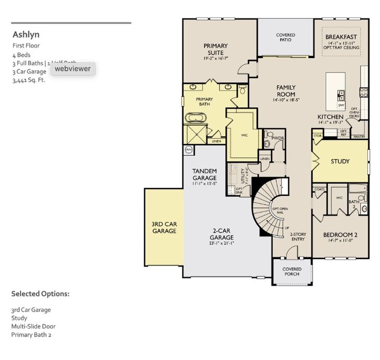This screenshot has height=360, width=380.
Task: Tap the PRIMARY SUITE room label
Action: (x=215, y=49)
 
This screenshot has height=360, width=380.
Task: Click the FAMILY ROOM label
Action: (x=286, y=91)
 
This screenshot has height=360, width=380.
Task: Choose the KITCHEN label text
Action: (x=330, y=117)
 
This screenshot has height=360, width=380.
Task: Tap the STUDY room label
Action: (x=340, y=162)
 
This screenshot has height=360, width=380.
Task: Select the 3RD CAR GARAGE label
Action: (x=164, y=228)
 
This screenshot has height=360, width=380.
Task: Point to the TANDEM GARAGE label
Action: (x=204, y=175)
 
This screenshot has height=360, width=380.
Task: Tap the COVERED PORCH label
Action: (x=291, y=271)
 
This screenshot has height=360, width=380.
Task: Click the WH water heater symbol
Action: (x=189, y=150)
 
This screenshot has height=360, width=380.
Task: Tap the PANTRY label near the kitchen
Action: (x=359, y=137)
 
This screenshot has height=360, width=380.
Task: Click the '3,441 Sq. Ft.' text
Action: (x=28, y=81)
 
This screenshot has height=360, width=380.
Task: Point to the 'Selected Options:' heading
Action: (x=40, y=293)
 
